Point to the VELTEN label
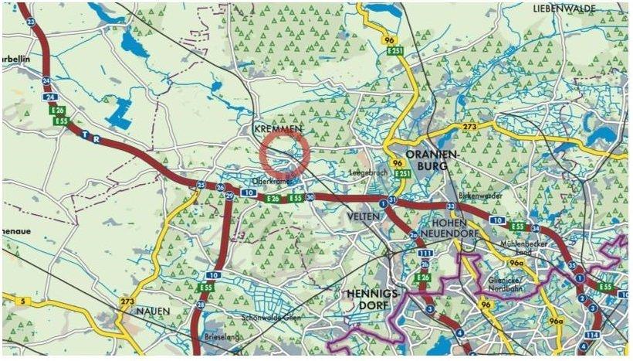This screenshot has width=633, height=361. [364, 216]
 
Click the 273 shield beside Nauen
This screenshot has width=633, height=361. [128, 301]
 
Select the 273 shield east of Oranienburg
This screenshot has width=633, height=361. [470, 125]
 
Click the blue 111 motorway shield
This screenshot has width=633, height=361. [423, 254]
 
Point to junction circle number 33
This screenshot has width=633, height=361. [450, 206]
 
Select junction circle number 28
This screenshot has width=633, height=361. [201, 305]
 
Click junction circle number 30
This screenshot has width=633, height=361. [310, 198]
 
